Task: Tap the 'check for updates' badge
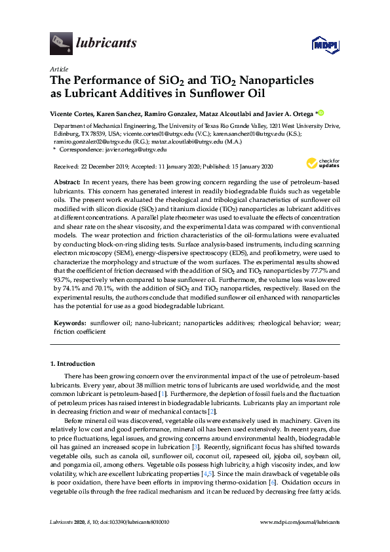pyautogui.click(x=322, y=163)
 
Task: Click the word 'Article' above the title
pyautogui.click(x=58, y=69)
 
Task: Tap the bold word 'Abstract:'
pyautogui.click(x=66, y=180)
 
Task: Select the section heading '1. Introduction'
pyautogui.click(x=73, y=363)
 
